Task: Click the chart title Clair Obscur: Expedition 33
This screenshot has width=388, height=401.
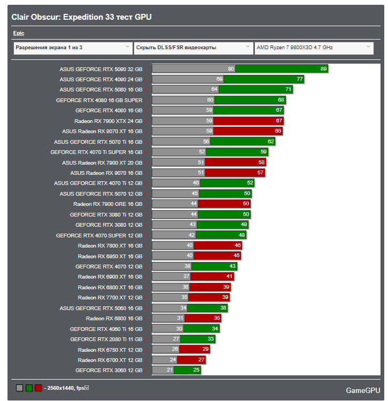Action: pos(81,17)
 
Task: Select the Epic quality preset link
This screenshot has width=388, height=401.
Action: pos(19,33)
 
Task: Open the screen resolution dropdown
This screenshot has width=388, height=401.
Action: pos(72,48)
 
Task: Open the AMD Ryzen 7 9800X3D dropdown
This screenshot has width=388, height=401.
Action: pos(314,48)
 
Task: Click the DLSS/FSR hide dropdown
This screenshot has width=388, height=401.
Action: pos(193,48)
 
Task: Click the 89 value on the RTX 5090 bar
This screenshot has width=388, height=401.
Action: pos(323,69)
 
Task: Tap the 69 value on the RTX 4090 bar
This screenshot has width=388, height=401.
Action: pos(219,79)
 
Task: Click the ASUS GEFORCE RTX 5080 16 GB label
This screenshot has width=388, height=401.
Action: pos(101,90)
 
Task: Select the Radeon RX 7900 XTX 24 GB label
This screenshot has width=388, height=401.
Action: pos(108,121)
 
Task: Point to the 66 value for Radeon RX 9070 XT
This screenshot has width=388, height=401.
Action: pos(278,131)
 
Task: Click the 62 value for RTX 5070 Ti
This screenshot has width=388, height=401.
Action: pos(271,142)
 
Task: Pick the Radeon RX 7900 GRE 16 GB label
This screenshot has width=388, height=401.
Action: pos(108,204)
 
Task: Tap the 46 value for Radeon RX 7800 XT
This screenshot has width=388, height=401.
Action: pos(238,245)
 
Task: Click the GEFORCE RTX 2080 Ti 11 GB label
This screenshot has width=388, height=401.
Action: pos(106,339)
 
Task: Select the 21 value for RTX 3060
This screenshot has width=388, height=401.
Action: pos(170,370)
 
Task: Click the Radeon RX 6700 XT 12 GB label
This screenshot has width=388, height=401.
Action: pos(110,360)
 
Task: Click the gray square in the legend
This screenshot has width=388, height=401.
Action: pos(20,388)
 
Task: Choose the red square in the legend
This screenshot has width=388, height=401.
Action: pos(38,388)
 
